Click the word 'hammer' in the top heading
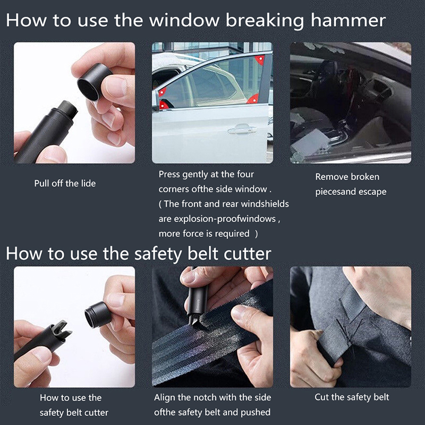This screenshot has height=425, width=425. click(x=348, y=20)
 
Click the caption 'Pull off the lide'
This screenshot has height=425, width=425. click(x=65, y=183)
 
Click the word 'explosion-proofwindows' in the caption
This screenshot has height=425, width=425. click(x=225, y=219)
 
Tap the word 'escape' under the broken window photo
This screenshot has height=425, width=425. click(x=372, y=192)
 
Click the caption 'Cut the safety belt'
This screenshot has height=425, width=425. click(x=352, y=397)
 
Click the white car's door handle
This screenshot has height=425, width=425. click(x=242, y=129)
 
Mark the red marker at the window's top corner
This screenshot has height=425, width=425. click(x=259, y=60)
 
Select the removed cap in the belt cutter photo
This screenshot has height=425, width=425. click(x=98, y=314)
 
